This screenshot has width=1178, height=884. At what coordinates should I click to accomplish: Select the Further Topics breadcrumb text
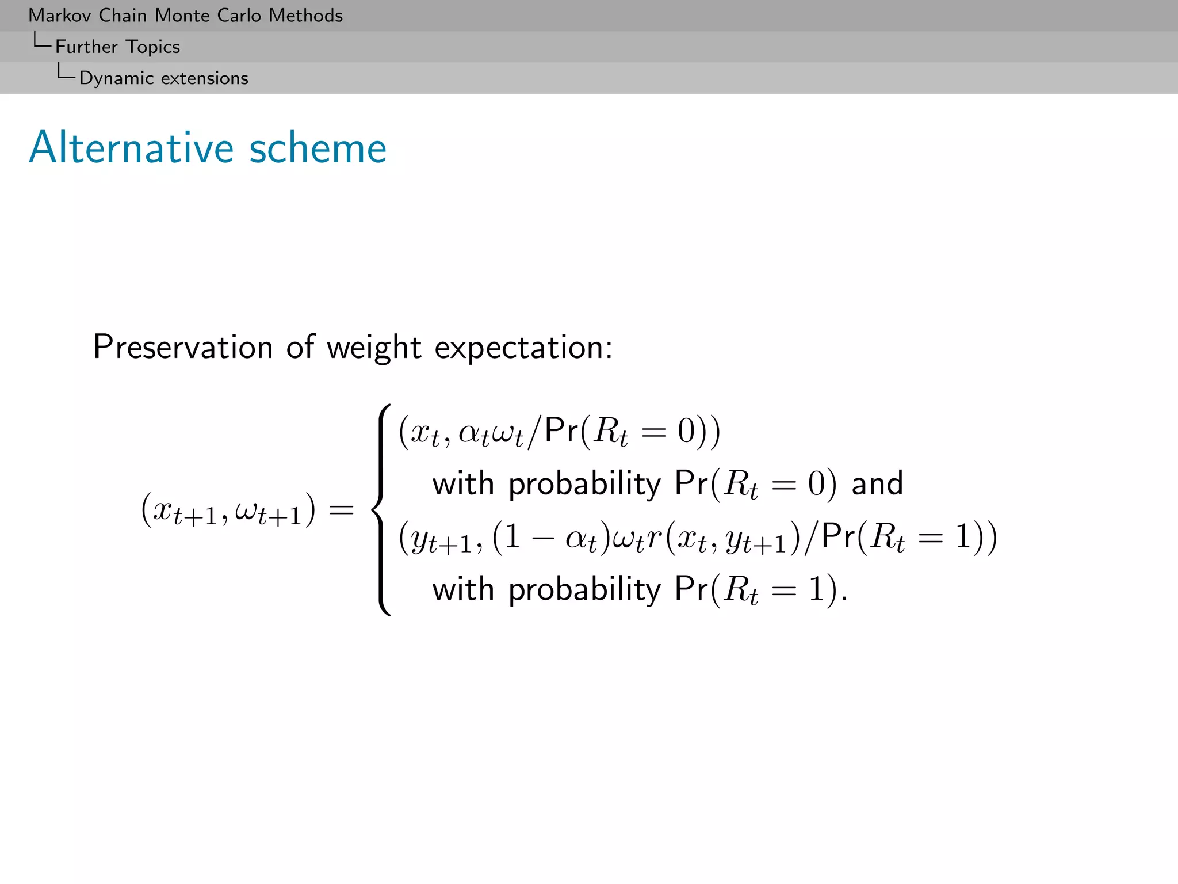tap(117, 47)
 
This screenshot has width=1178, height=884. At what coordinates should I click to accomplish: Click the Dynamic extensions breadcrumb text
tap(163, 78)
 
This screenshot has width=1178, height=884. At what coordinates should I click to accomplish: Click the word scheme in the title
tap(318, 148)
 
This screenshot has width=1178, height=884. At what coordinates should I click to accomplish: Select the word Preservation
tap(183, 347)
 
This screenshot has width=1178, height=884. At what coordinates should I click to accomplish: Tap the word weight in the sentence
tap(374, 347)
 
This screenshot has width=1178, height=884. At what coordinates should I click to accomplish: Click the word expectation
tap(523, 348)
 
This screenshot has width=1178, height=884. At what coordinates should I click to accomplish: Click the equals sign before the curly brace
tap(341, 510)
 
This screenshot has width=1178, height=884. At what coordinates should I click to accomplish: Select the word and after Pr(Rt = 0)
tap(877, 483)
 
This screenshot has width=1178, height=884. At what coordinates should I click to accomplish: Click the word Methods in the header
tap(305, 16)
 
